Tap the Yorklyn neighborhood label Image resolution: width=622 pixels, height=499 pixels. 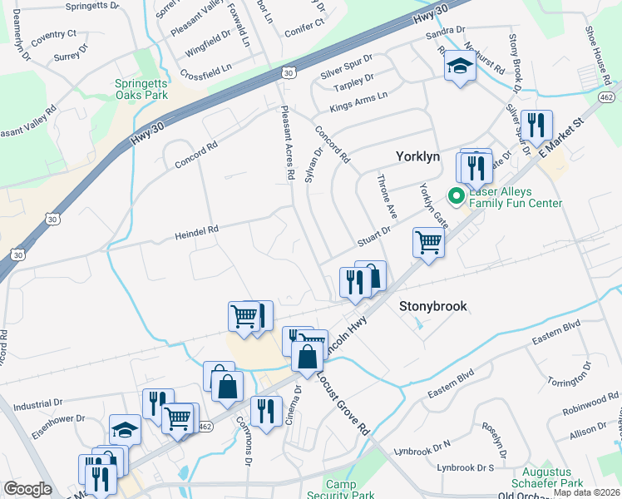click(420, 157)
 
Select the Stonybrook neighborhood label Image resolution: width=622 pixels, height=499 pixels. click(432, 306)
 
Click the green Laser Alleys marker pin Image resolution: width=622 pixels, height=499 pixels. click(455, 197)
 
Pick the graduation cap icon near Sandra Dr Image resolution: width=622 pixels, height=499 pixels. click(458, 66)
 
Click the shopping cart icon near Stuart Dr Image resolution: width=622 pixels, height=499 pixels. click(428, 243)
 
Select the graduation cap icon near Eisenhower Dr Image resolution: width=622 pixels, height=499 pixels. click(125, 429)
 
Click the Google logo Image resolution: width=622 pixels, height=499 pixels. click(27, 489)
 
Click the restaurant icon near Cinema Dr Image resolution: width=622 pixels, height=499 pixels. click(265, 411)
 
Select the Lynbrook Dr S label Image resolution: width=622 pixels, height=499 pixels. click(466, 468)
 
